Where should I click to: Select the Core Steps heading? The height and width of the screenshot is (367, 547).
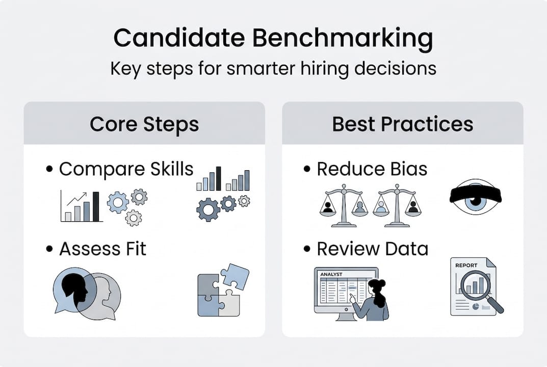click(144, 124)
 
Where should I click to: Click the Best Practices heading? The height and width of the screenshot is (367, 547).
click(403, 124)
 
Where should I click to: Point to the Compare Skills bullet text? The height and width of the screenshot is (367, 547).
click(126, 169)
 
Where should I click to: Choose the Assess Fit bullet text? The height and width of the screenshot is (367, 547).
click(102, 249)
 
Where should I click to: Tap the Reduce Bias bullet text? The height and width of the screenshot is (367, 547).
click(372, 169)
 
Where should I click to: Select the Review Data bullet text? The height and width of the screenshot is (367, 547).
click(372, 249)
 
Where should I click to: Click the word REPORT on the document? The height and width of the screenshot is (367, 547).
click(467, 265)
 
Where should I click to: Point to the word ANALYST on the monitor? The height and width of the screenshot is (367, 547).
click(331, 274)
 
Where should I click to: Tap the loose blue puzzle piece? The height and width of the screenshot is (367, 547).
click(235, 276)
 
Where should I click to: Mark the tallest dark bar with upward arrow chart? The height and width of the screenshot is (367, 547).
click(96, 207)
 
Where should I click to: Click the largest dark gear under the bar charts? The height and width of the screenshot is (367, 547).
click(208, 209)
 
